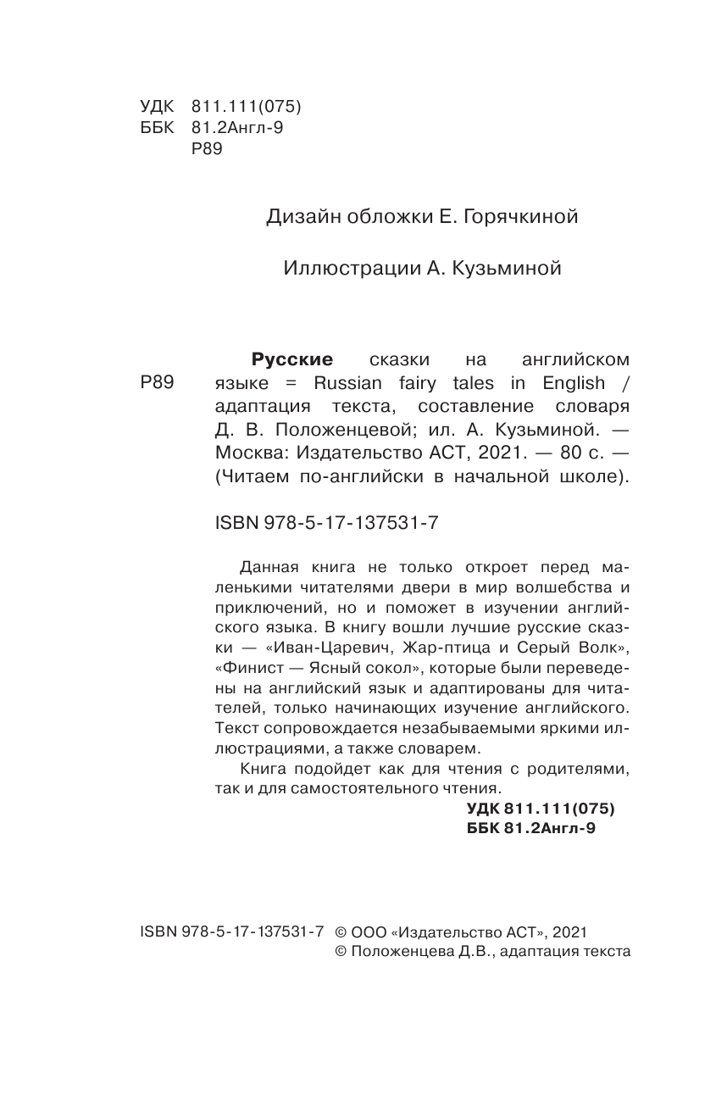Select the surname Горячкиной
(525, 218)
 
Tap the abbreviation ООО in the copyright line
(369, 931)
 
